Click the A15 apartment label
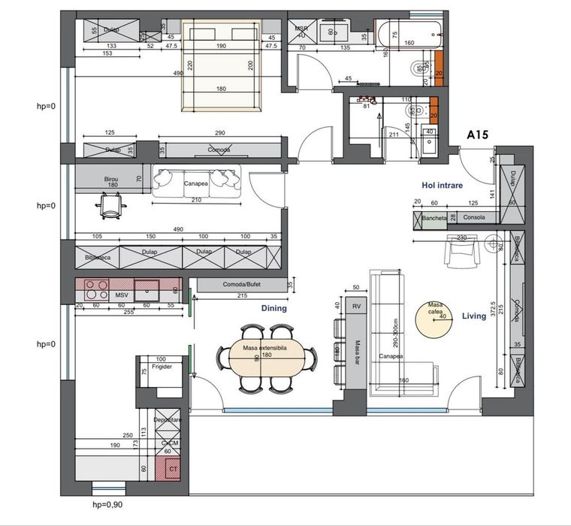pyautogui.click(x=478, y=135)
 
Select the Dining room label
pyautogui.click(x=275, y=308)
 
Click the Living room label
pyautogui.click(x=473, y=316)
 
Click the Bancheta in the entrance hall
pyautogui.click(x=434, y=219)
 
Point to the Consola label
pyautogui.click(x=474, y=219)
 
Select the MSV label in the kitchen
pyautogui.click(x=120, y=295)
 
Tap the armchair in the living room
pyautogui.click(x=461, y=250)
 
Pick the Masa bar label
pyautogui.click(x=355, y=349)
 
